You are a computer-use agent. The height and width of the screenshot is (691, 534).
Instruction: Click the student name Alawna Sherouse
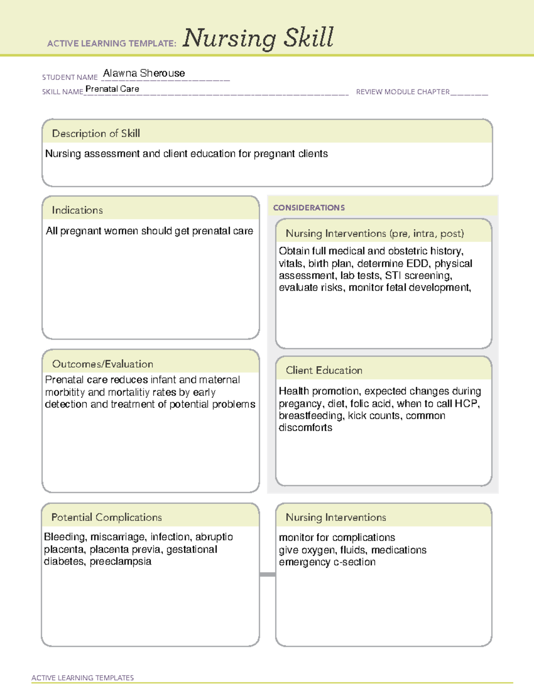coord(144,73)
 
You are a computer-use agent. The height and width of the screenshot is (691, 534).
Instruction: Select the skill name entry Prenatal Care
coord(112,89)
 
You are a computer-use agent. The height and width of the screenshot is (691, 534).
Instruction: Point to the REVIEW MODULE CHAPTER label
coord(403,92)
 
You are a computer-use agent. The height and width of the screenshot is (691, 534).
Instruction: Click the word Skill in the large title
coord(309,38)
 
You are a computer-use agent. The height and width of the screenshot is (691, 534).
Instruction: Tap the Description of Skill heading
coord(96,133)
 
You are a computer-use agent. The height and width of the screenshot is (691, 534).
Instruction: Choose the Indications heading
coord(77,210)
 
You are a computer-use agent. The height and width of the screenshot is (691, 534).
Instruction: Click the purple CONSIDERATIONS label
coord(309,208)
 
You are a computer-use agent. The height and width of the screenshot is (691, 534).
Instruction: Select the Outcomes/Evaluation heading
coord(102,364)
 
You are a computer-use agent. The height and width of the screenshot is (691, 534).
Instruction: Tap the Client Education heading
coord(324,370)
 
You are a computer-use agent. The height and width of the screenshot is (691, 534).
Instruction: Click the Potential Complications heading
coord(106,517)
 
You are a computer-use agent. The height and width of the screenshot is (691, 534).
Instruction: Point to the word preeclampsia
coord(121,562)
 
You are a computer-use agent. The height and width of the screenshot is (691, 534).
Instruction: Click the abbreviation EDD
coord(418,263)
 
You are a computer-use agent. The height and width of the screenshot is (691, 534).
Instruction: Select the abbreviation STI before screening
coord(393,276)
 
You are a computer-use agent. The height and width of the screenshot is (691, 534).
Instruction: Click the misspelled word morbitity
coord(65,392)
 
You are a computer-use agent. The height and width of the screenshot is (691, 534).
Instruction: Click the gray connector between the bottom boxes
coord(267,574)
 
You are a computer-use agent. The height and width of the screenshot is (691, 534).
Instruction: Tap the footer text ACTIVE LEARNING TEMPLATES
coord(82,678)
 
